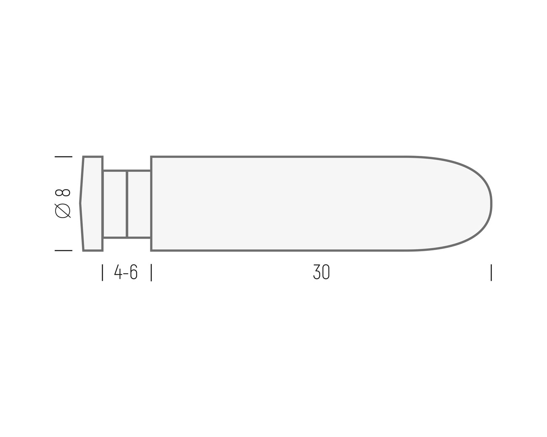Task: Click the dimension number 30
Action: (x=321, y=273)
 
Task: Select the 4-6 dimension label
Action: (x=126, y=273)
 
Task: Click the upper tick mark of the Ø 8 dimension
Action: (x=64, y=157)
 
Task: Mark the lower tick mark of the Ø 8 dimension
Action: (x=64, y=250)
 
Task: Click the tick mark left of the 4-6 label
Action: (x=102, y=273)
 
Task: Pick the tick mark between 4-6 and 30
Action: (x=151, y=273)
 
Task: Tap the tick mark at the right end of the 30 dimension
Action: (x=491, y=273)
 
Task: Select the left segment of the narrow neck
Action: (x=114, y=204)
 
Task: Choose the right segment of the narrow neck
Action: (x=139, y=204)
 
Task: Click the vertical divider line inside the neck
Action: (x=127, y=204)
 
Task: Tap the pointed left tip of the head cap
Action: (x=80, y=204)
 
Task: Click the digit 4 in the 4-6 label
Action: (x=118, y=273)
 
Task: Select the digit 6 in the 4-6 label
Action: (x=133, y=273)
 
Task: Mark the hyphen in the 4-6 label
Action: (x=126, y=274)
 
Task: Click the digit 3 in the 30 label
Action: (x=317, y=273)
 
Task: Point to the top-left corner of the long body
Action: (x=151, y=157)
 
